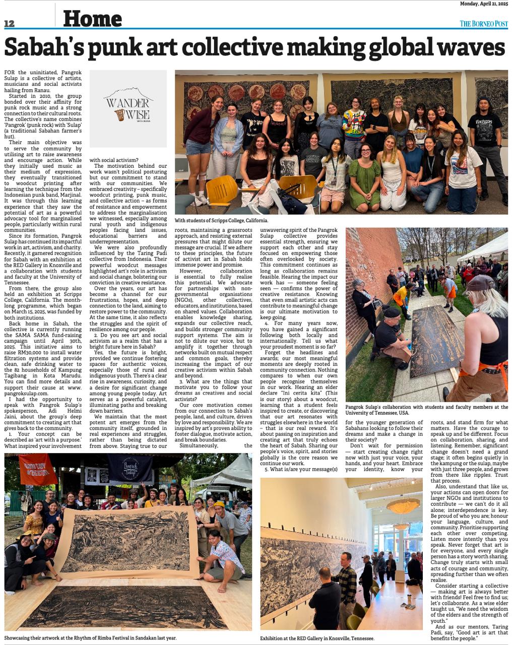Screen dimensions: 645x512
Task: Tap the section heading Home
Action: point(92,19)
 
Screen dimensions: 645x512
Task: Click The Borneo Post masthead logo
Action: point(483,24)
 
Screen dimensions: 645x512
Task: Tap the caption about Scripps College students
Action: point(221,221)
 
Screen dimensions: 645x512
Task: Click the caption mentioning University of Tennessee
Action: point(426,409)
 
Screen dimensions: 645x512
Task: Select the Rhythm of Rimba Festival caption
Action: point(91,638)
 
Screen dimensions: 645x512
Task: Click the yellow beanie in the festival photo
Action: point(219,504)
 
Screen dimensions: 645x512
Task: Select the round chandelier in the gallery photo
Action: point(403,505)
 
